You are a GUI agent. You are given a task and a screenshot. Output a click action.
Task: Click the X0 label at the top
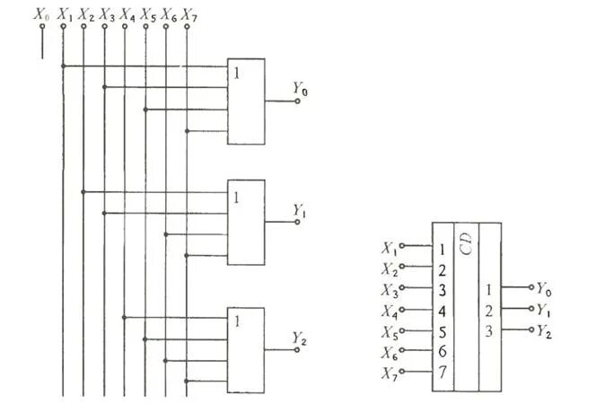tap(41, 14)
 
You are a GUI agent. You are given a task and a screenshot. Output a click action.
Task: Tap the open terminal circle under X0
tap(41, 27)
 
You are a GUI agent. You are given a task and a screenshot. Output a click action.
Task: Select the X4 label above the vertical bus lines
tap(126, 14)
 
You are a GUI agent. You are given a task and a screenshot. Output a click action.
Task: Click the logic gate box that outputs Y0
tap(246, 101)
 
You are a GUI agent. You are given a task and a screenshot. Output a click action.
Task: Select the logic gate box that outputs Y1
tap(246, 223)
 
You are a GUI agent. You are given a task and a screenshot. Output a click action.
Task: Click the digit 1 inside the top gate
tap(236, 73)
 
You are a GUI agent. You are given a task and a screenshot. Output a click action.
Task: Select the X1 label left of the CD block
tap(389, 248)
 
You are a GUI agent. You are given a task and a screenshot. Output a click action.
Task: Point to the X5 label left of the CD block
tap(389, 331)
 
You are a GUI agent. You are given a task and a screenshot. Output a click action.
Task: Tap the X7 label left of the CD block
tap(389, 373)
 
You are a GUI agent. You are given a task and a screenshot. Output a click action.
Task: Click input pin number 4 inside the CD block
tap(443, 311)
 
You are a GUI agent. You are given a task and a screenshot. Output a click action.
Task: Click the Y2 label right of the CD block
tap(546, 332)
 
